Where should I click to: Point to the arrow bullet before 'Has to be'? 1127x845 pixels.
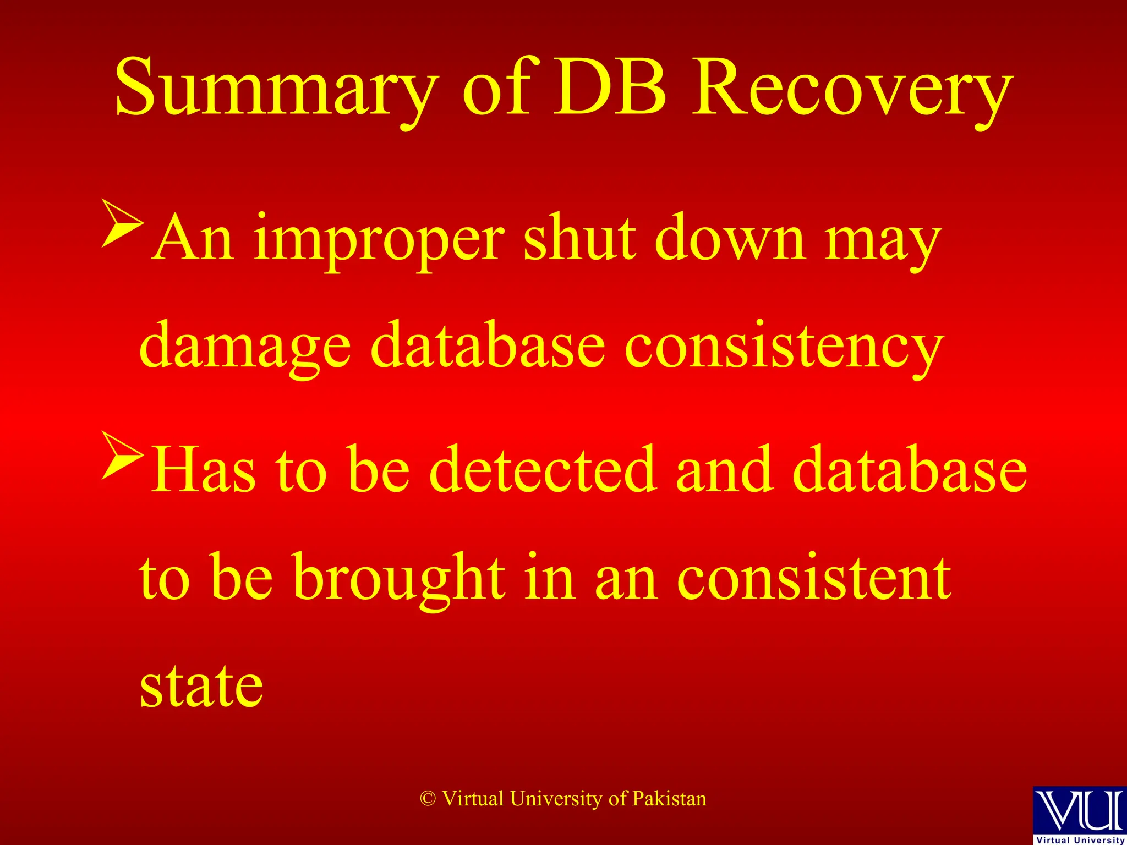[122, 455]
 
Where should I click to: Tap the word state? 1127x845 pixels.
[201, 685]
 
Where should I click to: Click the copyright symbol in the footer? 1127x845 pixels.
[428, 799]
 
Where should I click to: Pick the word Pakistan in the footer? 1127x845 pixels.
[669, 799]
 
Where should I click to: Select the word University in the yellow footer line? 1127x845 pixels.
[556, 799]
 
